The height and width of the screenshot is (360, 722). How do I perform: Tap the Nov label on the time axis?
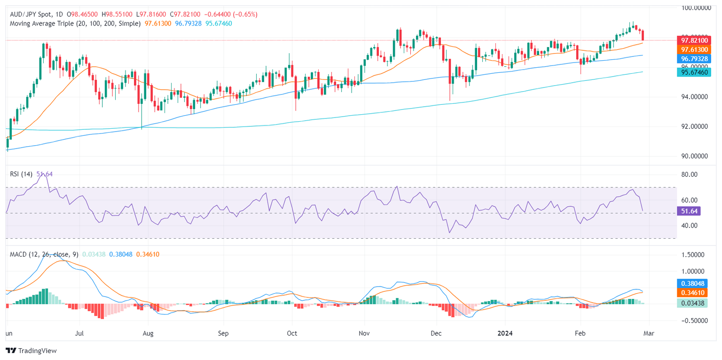364,333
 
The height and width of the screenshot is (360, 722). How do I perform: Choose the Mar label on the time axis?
649,333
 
